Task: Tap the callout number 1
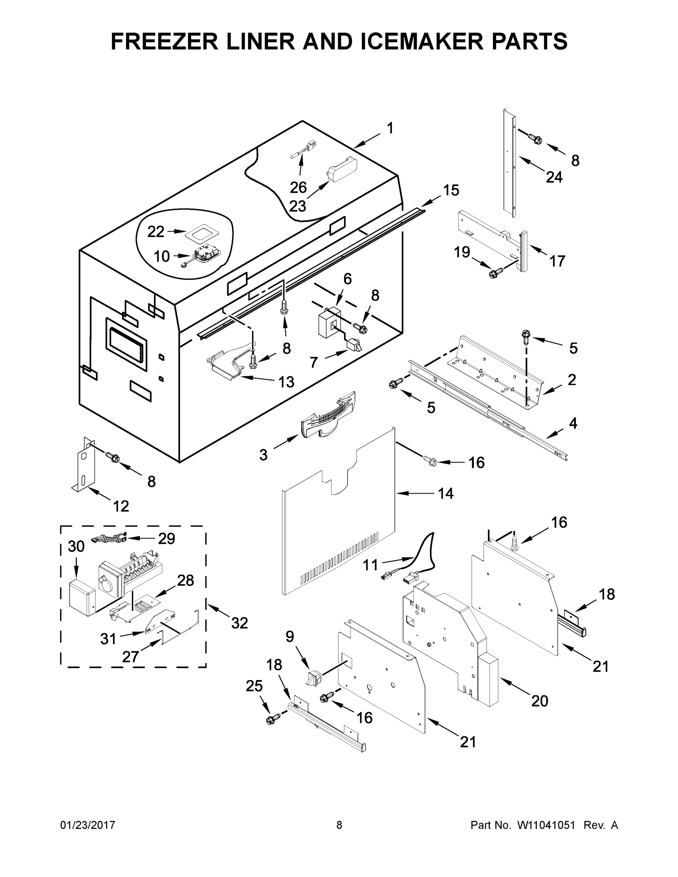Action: coord(390,129)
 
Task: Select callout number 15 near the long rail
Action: coord(451,190)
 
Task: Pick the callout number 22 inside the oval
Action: coord(156,232)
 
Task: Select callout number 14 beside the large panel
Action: coord(446,494)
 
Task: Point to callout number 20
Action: coord(539,701)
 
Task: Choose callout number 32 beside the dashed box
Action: coord(239,623)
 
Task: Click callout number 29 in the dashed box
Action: coord(166,539)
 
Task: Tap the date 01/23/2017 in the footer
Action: coord(88,825)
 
